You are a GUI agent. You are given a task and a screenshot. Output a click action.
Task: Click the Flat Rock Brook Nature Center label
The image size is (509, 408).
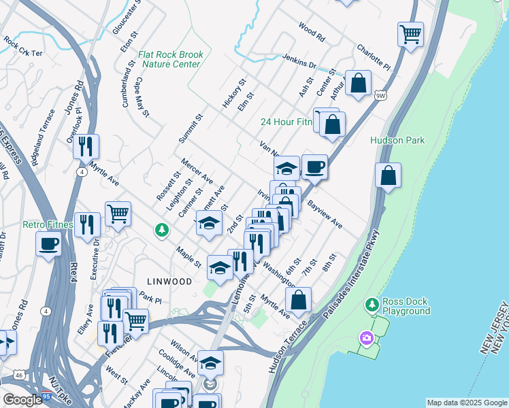(169, 59)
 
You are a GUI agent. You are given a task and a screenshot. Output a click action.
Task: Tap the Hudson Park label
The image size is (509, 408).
(397, 140)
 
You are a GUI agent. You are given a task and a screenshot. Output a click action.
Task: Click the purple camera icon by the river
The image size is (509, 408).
(367, 337)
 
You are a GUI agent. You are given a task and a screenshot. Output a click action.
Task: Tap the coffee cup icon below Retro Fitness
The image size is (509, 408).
(49, 243)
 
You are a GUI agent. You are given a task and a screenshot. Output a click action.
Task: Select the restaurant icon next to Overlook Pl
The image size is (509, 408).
(86, 146)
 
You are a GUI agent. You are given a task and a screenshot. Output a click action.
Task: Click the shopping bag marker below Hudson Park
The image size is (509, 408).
(387, 175)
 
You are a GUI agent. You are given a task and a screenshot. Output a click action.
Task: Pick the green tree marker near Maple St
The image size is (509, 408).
(161, 231)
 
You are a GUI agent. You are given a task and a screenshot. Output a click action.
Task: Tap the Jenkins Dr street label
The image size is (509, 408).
(299, 62)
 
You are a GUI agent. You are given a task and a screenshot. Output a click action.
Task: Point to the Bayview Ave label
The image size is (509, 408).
(324, 214)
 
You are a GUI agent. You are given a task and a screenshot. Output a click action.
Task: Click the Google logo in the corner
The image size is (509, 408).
(22, 400)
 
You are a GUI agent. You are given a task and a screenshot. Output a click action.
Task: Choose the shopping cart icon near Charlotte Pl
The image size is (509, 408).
(410, 33)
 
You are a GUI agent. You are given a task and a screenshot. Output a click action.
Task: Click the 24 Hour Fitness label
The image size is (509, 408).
(286, 122)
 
